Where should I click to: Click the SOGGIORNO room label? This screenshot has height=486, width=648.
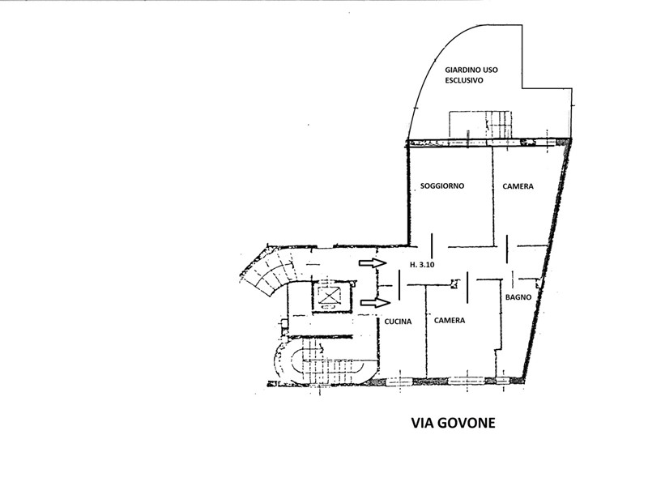pos(441,186)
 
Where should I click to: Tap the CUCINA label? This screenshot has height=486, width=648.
pos(398,322)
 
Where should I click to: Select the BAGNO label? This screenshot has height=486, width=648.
pos(518,297)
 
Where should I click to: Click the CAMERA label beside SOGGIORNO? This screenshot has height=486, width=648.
pos(518,186)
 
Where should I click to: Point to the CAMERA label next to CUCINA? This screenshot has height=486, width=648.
pos(450,320)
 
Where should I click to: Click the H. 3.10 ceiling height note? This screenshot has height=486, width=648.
pos(422,265)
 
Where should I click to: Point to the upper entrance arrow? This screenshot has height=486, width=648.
pos(373,262)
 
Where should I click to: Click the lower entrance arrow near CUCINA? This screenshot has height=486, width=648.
pos(375,303)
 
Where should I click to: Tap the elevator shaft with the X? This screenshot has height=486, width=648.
pos(329,296)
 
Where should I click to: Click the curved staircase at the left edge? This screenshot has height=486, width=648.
pos(269,273)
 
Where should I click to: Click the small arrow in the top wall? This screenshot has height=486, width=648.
pos(528,143)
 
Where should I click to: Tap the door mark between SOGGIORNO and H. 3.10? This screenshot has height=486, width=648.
pos(433,245)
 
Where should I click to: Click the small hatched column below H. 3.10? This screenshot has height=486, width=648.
pos(454,284)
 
